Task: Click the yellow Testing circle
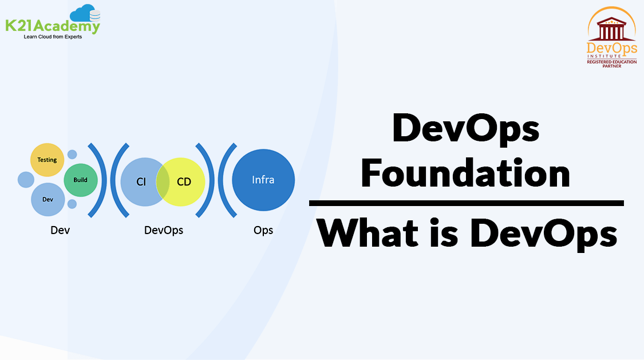click(x=47, y=160)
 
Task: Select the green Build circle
click(x=80, y=180)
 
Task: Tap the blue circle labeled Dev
click(x=48, y=199)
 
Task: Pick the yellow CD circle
click(x=186, y=182)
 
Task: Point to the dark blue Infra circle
click(x=263, y=180)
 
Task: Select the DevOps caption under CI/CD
click(x=164, y=230)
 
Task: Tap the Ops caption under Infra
click(x=263, y=230)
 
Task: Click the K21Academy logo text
click(x=53, y=26)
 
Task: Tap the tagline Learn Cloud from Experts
click(x=53, y=37)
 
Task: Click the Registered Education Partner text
click(x=611, y=64)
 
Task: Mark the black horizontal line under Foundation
click(x=466, y=203)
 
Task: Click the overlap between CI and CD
click(x=163, y=182)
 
